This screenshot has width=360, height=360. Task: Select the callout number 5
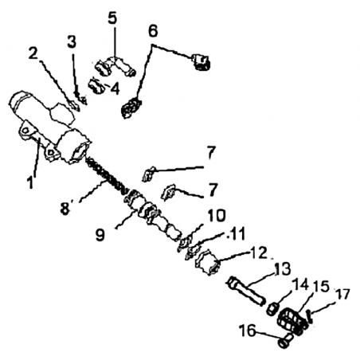click(x=112, y=18)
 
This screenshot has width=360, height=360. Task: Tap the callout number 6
click(x=153, y=31)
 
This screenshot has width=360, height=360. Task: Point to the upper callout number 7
click(x=211, y=153)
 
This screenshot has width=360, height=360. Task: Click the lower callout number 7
click(x=213, y=190)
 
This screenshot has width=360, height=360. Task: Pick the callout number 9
click(x=100, y=234)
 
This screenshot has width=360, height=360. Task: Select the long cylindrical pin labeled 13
click(x=245, y=292)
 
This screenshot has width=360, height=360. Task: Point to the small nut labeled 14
click(x=272, y=309)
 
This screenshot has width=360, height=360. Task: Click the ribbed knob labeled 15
click(x=291, y=321)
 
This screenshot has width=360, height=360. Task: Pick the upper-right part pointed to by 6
click(x=202, y=62)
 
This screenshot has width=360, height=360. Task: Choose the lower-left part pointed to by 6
click(x=131, y=108)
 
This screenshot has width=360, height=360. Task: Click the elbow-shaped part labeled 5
click(x=116, y=67)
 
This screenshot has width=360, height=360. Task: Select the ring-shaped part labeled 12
click(x=208, y=262)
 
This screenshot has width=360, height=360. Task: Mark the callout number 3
click(x=72, y=41)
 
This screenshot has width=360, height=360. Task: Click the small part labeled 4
click(x=96, y=85)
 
